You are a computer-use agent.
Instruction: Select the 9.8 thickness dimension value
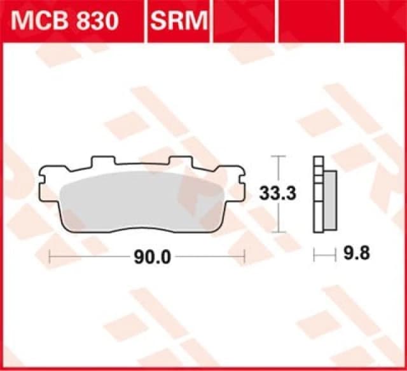(354, 254)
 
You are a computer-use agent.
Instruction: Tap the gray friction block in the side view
(330, 200)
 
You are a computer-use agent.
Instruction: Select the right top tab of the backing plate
(183, 162)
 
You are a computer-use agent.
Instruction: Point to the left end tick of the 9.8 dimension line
(315, 255)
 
